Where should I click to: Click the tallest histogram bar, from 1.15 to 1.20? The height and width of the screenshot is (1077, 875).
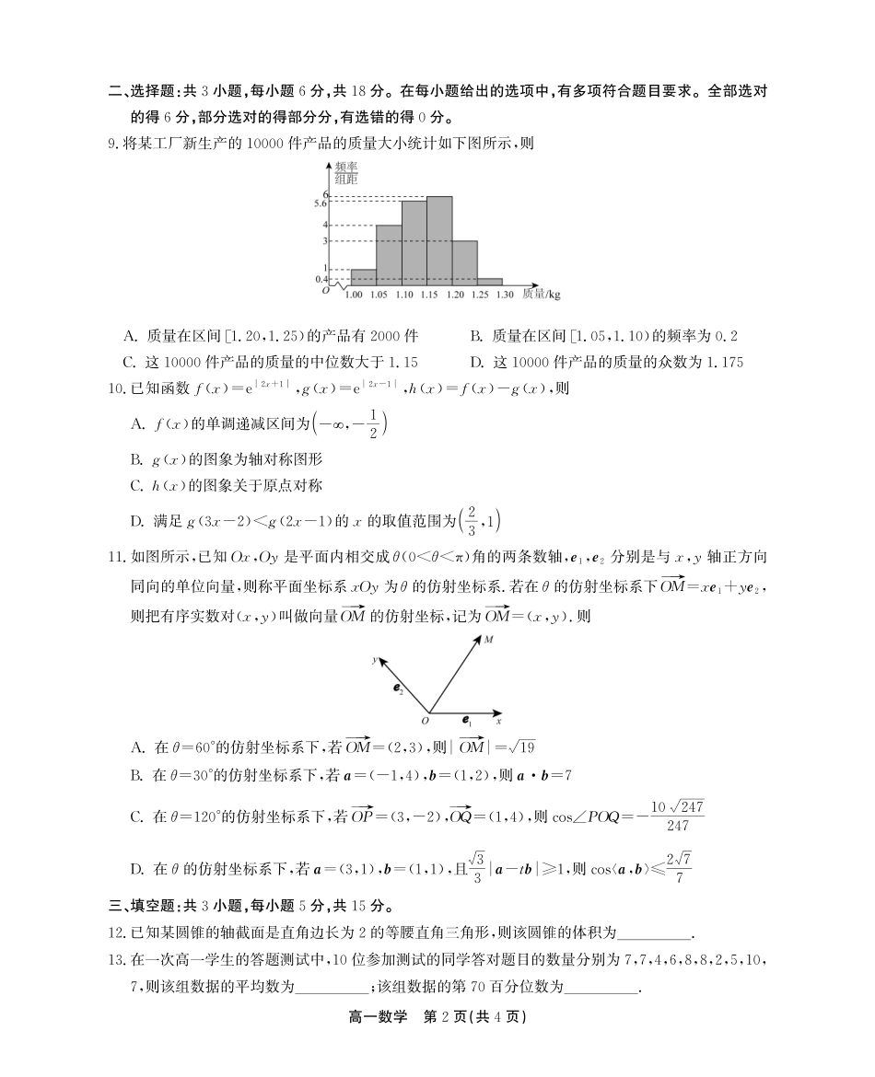click(438, 239)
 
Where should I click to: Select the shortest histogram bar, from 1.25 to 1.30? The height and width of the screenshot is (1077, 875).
click(489, 281)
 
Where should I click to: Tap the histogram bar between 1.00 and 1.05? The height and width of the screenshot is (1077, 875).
click(363, 276)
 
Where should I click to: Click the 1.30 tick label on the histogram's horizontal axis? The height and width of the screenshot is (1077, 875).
click(504, 295)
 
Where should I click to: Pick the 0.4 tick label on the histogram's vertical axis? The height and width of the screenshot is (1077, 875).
click(321, 279)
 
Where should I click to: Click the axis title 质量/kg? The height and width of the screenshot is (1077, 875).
click(542, 295)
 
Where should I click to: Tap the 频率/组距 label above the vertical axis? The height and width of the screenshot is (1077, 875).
click(346, 172)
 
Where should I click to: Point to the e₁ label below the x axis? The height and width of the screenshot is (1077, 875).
click(467, 723)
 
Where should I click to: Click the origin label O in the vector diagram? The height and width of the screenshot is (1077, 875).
click(425, 721)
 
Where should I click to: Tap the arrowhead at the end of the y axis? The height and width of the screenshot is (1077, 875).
click(380, 660)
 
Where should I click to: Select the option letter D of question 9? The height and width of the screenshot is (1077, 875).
click(475, 362)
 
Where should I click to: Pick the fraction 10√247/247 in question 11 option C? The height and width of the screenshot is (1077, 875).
click(678, 816)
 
